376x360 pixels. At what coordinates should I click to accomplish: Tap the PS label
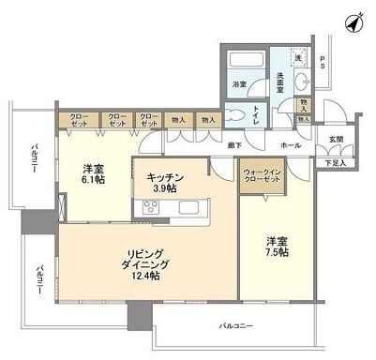[x=323, y=65]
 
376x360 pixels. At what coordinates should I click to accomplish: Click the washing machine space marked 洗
[x=298, y=59]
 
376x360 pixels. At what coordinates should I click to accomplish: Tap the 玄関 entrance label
[x=335, y=141]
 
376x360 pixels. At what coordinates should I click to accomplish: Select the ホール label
[x=291, y=146]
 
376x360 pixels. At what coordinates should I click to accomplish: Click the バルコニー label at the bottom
[x=236, y=325]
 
